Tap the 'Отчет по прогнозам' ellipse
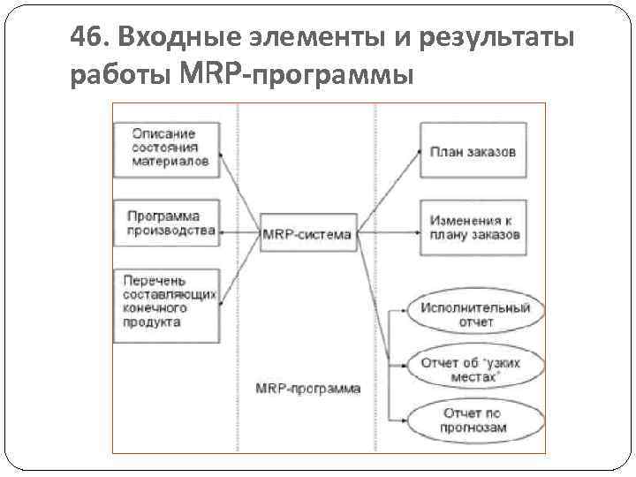475,420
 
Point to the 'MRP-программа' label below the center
307,389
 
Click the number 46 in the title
87,38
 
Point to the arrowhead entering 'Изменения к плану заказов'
416,234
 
